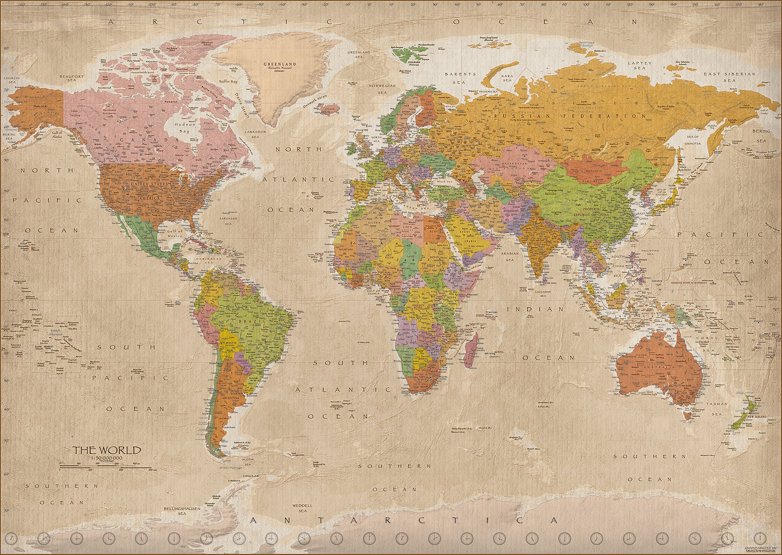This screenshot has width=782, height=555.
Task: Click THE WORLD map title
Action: coord(106,450)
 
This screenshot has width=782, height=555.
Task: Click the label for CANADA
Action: coord(145,140)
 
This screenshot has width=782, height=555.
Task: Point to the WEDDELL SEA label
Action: coord(302,508)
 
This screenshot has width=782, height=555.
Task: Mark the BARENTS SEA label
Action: coord(461,78)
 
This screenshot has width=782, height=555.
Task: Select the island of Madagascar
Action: coord(471,348)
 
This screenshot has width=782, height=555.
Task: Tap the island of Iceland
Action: coord(327,109)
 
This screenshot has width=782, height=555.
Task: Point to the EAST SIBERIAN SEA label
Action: coord(729,77)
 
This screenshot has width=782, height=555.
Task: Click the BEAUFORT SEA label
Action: coord(71,78)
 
